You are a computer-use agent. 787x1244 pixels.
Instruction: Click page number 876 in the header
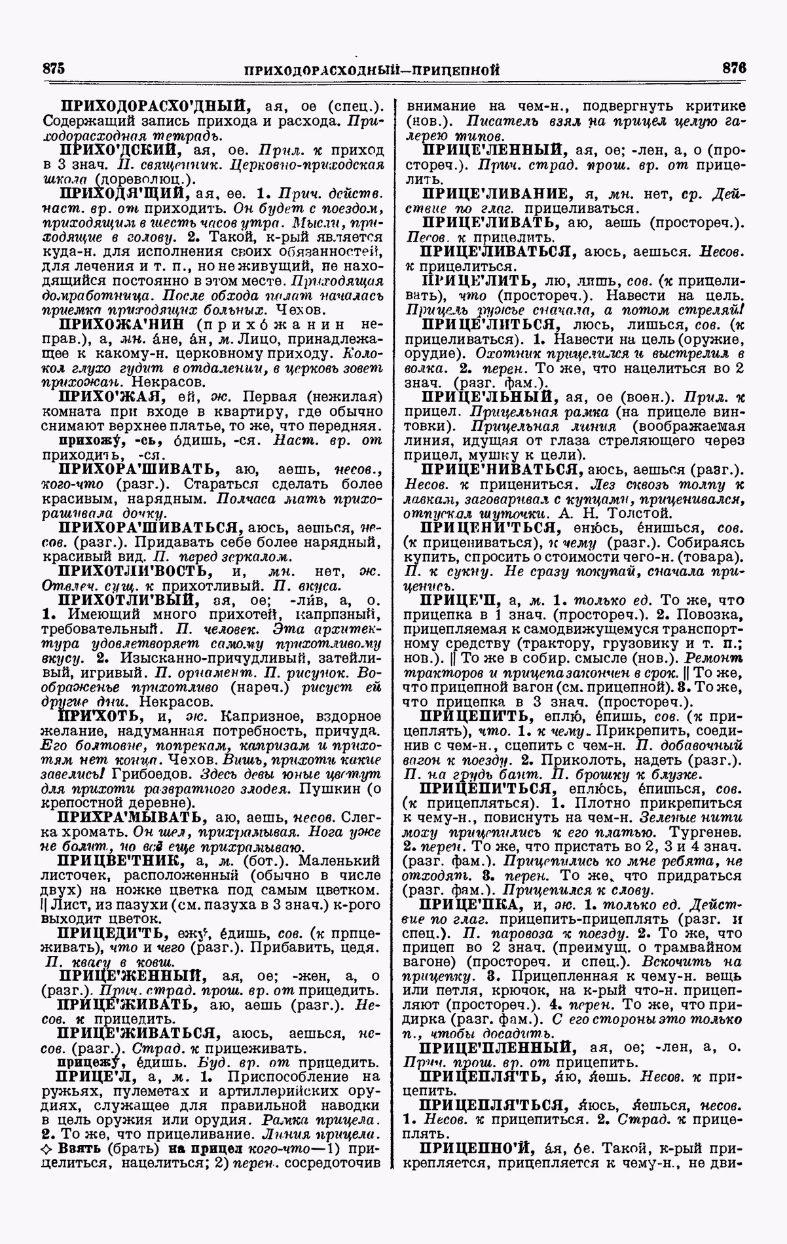(734, 68)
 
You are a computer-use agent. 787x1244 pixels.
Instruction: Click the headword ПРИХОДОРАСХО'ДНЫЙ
(155, 105)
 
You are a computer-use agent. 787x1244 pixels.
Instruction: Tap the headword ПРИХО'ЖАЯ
(110, 397)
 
